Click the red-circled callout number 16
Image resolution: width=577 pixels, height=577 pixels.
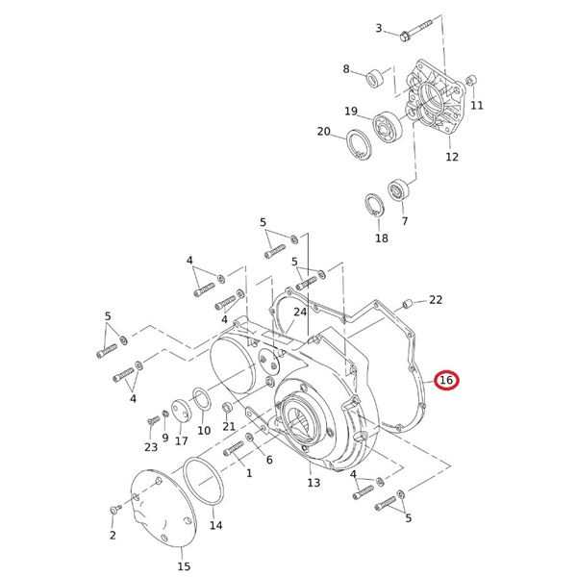(446, 382)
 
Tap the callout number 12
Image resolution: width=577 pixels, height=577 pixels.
(451, 156)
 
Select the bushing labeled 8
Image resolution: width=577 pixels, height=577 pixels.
(376, 75)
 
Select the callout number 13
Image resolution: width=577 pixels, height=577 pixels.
(314, 483)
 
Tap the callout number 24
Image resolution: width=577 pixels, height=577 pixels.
(299, 312)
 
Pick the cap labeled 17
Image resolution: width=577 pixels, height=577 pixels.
(178, 413)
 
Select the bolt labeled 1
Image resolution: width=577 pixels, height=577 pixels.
(235, 450)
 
